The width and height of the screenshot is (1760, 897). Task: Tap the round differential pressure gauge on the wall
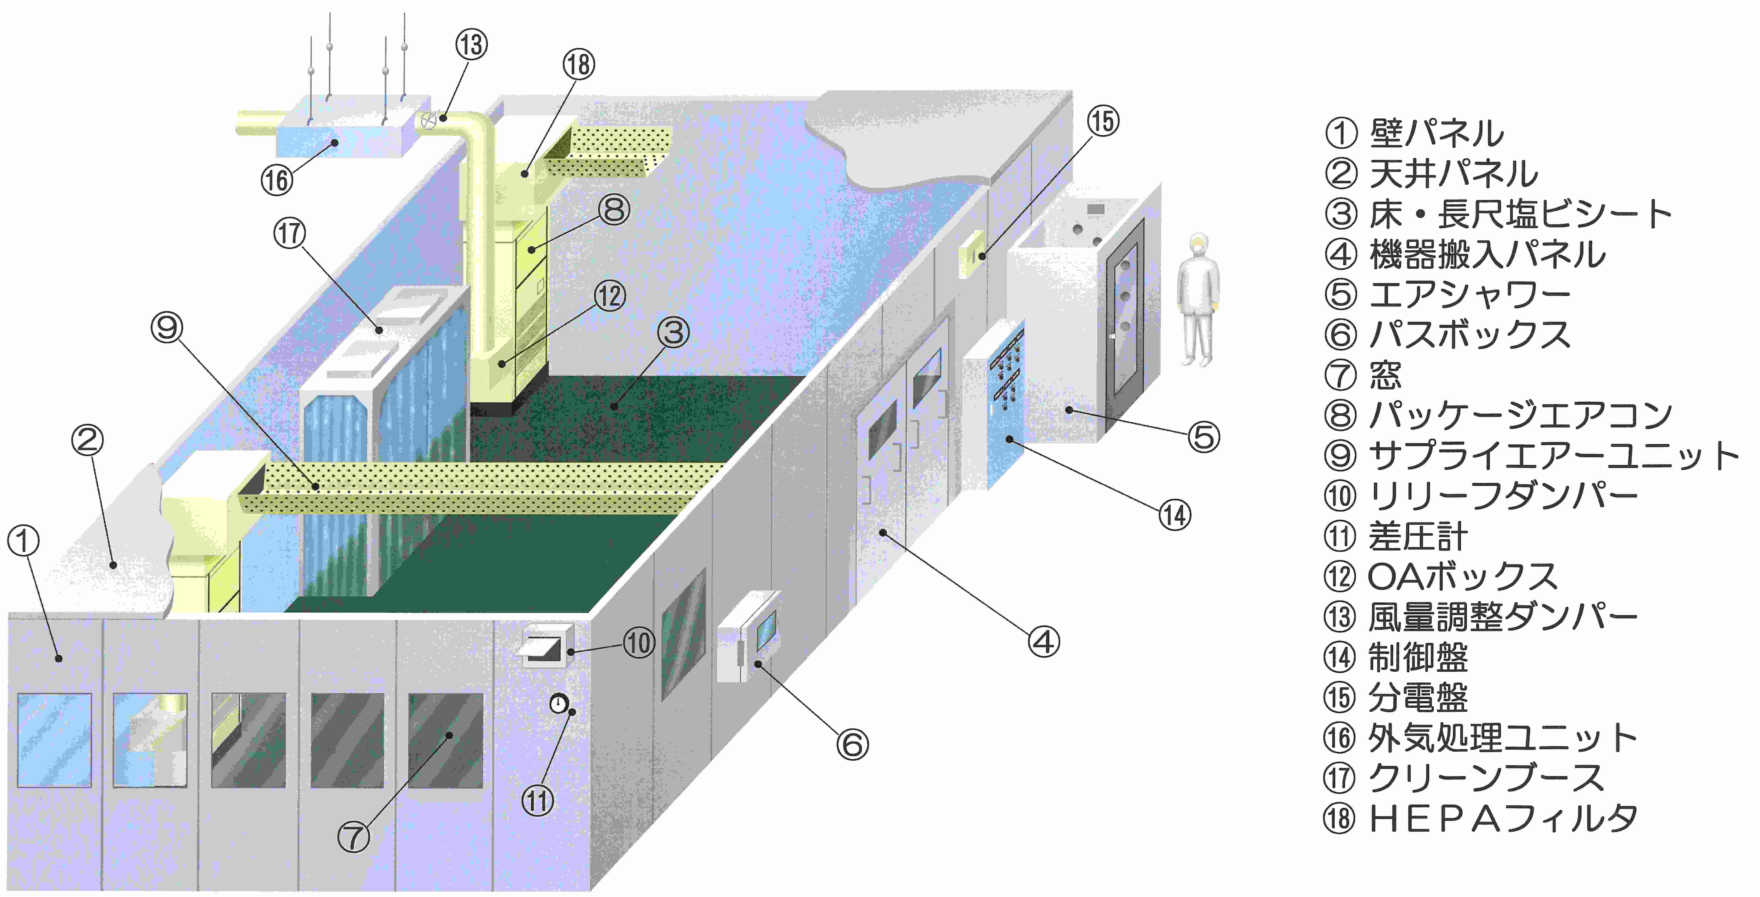click(559, 703)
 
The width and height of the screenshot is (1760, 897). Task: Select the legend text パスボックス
click(1469, 335)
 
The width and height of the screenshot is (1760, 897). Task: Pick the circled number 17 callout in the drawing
click(290, 233)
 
